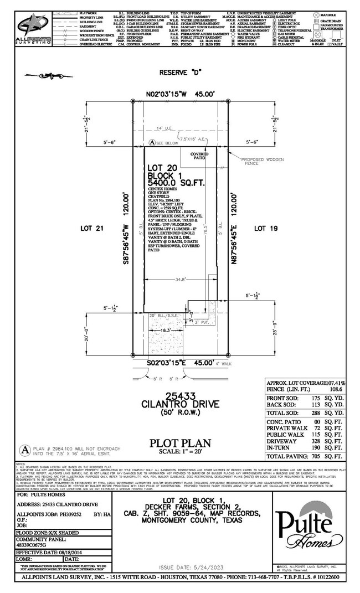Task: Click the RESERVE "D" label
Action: tap(181, 73)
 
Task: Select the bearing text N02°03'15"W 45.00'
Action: tap(181, 94)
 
